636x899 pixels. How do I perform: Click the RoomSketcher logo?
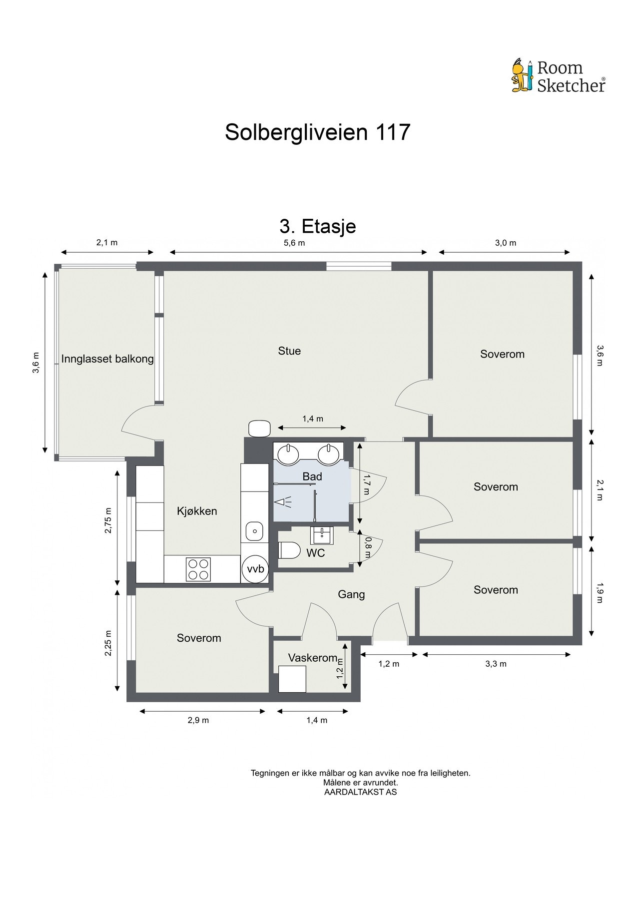(x=558, y=76)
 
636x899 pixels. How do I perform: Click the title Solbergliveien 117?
(x=317, y=132)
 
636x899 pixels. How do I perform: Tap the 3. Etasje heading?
(x=318, y=226)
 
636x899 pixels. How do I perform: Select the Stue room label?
(x=289, y=351)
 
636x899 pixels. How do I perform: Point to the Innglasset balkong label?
(x=107, y=359)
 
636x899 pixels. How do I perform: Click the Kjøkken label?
(x=197, y=511)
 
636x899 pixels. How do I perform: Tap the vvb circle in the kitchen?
(x=255, y=569)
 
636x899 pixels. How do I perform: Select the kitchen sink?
(x=254, y=531)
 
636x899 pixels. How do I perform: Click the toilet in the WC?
(x=289, y=550)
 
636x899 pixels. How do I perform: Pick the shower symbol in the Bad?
(x=283, y=502)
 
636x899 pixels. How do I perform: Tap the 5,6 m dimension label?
(x=294, y=243)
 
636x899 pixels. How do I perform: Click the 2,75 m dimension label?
(x=108, y=520)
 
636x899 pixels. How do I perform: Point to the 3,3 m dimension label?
(x=496, y=664)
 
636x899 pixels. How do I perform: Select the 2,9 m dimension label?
(x=198, y=720)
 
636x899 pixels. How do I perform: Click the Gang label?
(x=351, y=594)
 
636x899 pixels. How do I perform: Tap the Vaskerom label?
(x=313, y=658)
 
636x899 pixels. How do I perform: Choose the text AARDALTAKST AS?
(x=360, y=792)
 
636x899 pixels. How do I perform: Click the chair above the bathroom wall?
(x=259, y=429)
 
